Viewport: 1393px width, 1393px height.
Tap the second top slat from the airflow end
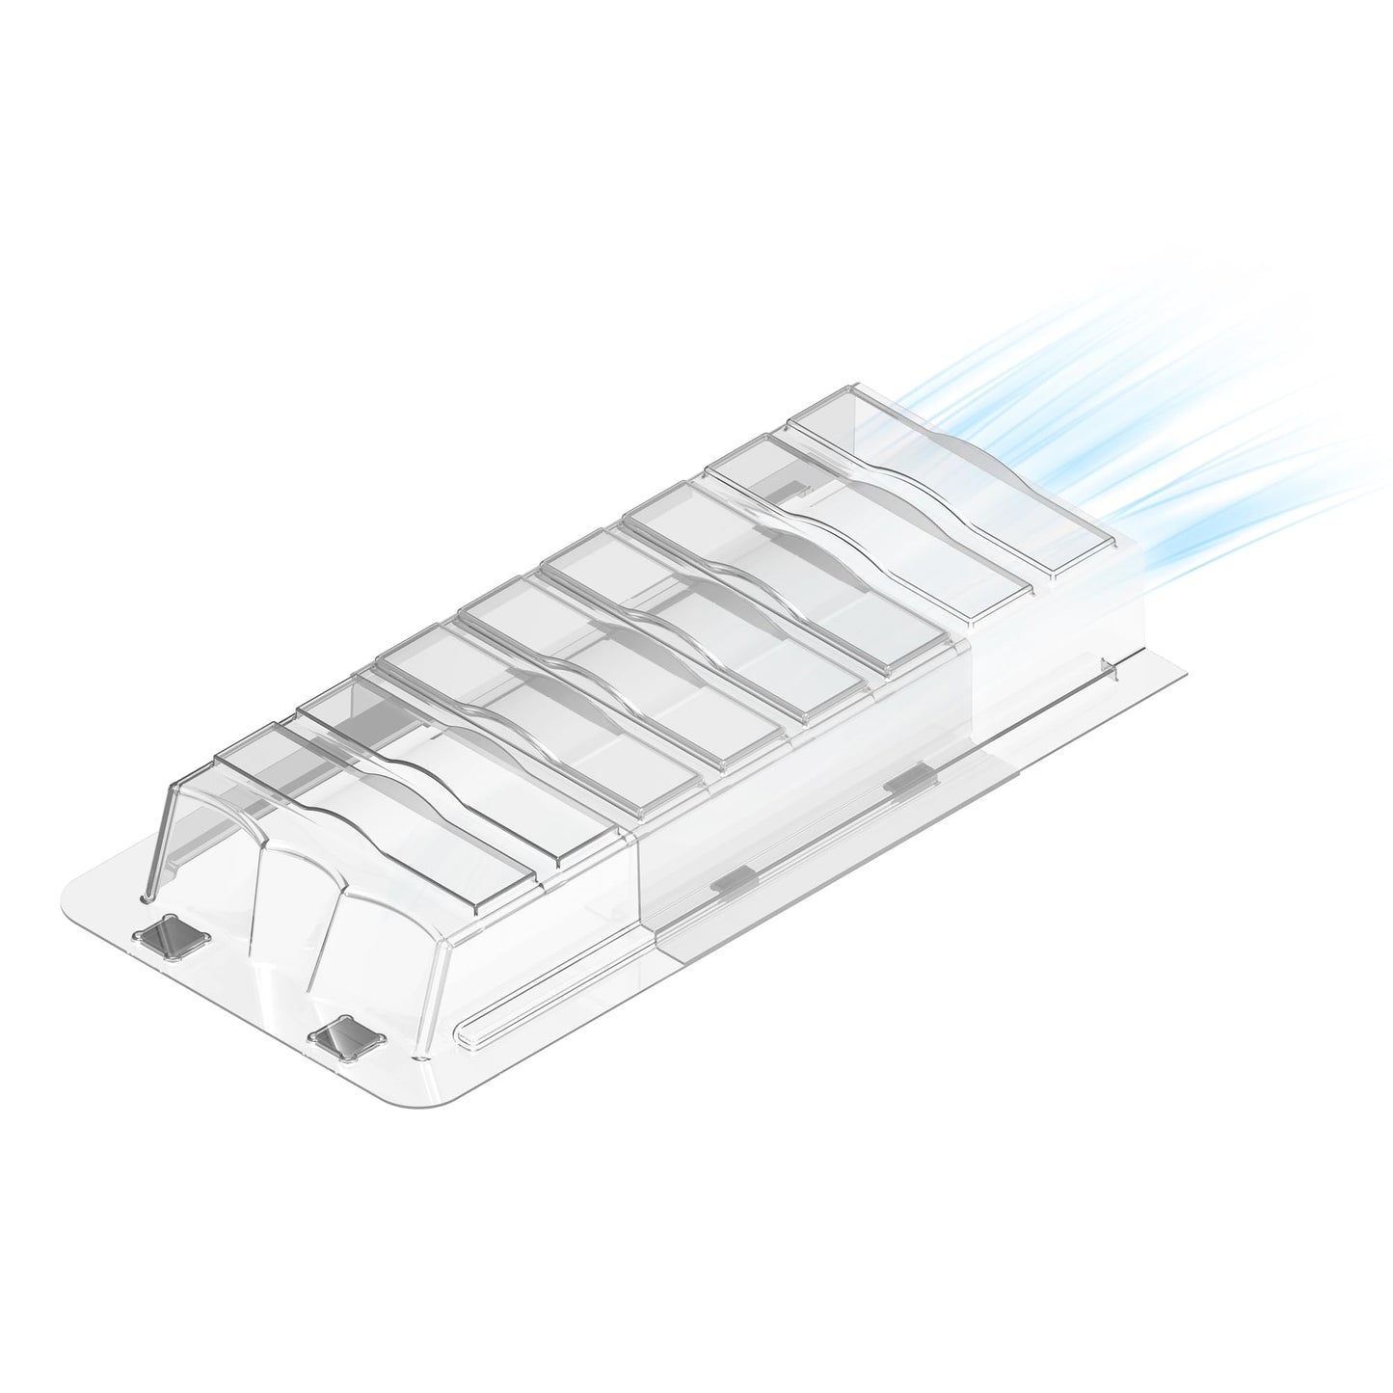868,525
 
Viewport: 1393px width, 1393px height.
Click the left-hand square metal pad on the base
174,934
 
